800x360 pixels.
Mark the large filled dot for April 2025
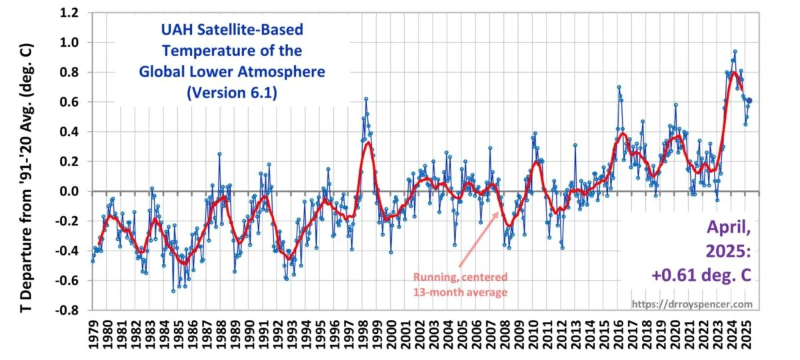(749, 101)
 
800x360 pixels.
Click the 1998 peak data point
(366, 99)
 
